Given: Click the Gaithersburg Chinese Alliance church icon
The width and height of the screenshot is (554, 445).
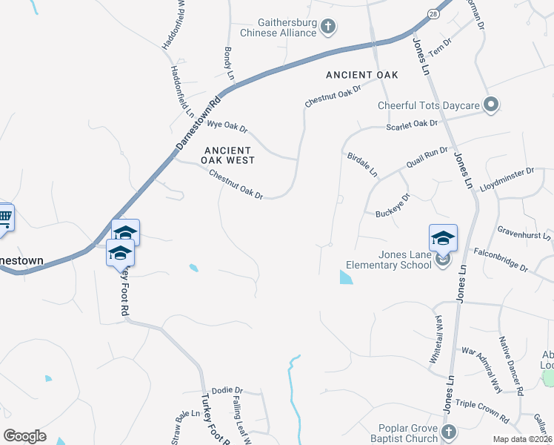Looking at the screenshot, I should click(x=329, y=28).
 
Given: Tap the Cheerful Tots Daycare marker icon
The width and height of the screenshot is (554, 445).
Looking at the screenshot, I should click(x=490, y=105).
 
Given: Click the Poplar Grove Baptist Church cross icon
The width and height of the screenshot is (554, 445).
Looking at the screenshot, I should click(x=447, y=432).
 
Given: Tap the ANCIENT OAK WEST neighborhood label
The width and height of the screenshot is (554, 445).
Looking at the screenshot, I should click(x=229, y=155).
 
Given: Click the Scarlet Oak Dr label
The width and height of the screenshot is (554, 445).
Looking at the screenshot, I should click(x=413, y=124).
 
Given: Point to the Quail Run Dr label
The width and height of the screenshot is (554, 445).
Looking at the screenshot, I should click(x=427, y=157).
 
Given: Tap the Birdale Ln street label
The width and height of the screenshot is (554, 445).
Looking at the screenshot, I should click(x=363, y=165).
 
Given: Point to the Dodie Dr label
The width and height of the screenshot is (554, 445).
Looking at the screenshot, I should click(x=227, y=390).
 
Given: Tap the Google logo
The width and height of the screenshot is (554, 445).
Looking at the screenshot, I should click(x=24, y=436).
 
